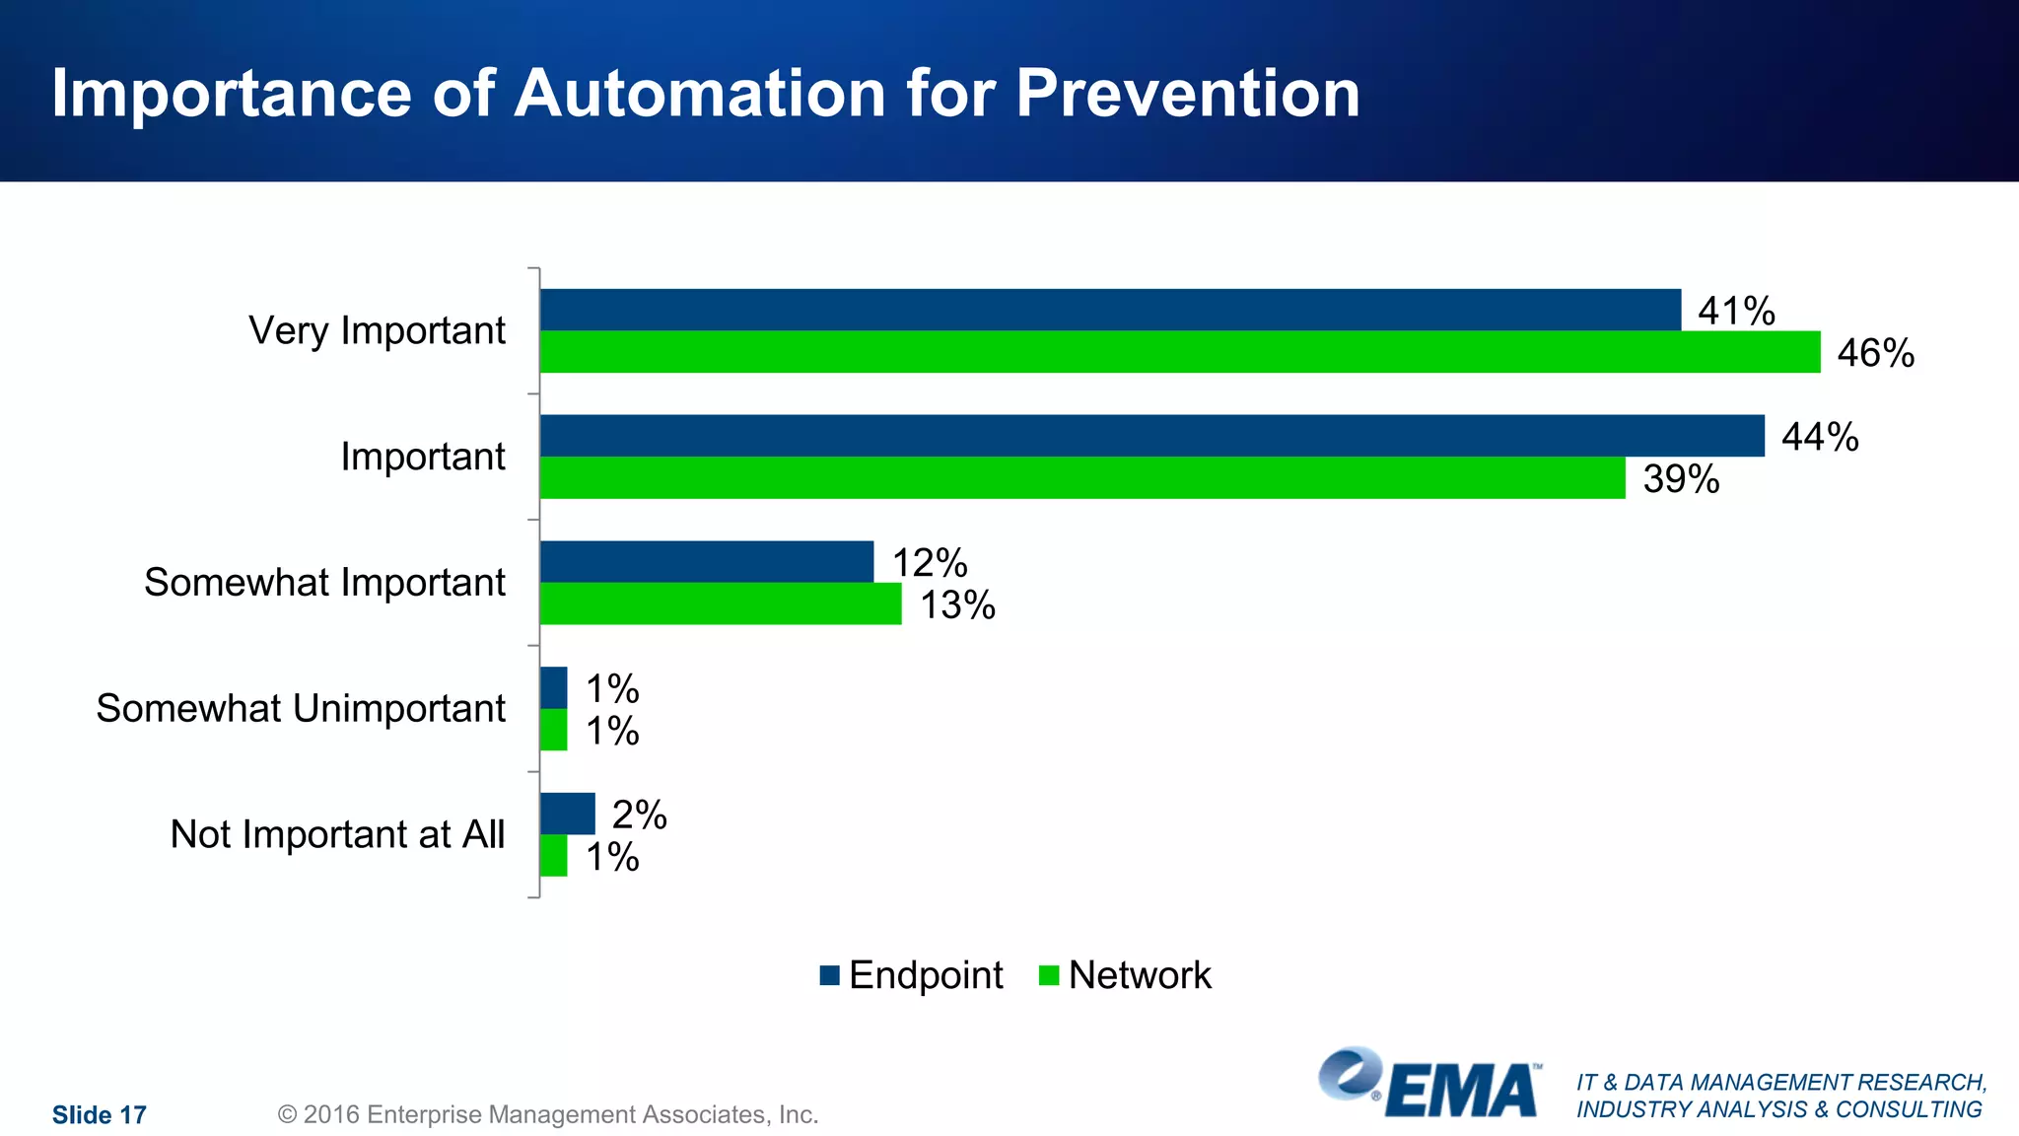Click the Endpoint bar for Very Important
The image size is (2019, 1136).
click(1109, 310)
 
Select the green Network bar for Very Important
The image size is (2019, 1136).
click(1179, 352)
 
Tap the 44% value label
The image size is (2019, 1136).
click(1819, 437)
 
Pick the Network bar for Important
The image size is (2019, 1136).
click(1081, 478)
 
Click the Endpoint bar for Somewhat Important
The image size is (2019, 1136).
click(706, 562)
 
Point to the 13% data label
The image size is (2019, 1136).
click(957, 605)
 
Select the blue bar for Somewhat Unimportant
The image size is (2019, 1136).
click(553, 687)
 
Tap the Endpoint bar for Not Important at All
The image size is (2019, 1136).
click(567, 814)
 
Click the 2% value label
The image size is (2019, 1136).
click(639, 816)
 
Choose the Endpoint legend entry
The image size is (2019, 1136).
click(911, 975)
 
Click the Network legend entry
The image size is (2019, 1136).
click(1125, 975)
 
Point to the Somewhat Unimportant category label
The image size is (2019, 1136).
click(301, 709)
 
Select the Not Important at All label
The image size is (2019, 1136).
click(337, 834)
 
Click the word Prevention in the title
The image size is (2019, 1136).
click(1187, 94)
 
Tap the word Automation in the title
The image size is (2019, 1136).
click(700, 94)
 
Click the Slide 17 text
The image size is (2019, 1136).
click(100, 1115)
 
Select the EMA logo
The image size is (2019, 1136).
click(1429, 1083)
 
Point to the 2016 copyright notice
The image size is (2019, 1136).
click(548, 1115)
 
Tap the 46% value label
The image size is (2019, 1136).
click(1875, 353)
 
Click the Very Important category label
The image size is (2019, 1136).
click(377, 331)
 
